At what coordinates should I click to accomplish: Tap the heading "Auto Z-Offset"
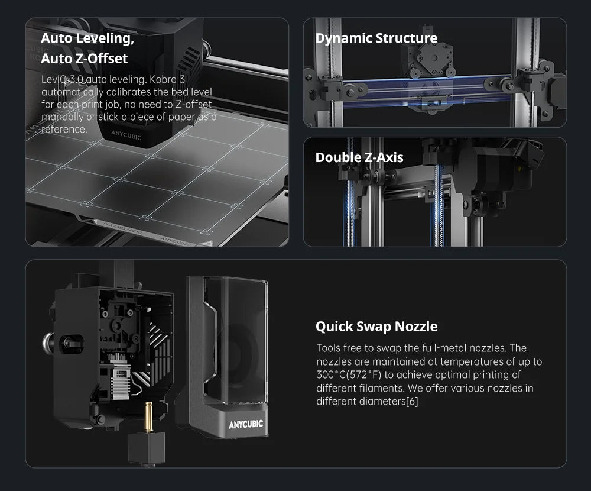point(84,59)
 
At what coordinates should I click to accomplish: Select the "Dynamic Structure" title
point(376,38)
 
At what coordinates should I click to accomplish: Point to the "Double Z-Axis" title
point(359,157)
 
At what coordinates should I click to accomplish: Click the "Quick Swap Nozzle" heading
point(376,327)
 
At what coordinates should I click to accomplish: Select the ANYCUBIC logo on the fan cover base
point(246,424)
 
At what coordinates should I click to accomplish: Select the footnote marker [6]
point(412,401)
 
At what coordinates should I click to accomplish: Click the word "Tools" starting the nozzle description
point(328,348)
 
